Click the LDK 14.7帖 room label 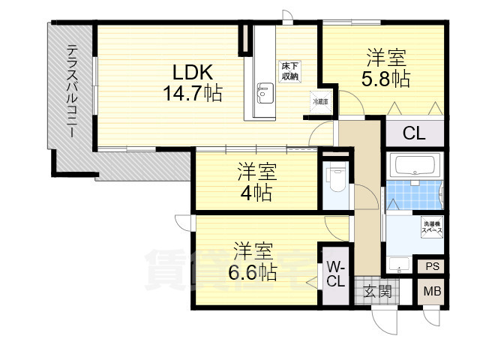[193, 83]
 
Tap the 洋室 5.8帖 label [387, 68]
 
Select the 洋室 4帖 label [256, 182]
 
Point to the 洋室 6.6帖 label [252, 260]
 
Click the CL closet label [414, 135]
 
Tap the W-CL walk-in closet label [335, 274]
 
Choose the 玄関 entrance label [378, 292]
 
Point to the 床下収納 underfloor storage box [290, 71]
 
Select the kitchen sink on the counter [262, 94]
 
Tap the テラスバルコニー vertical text [72, 90]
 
